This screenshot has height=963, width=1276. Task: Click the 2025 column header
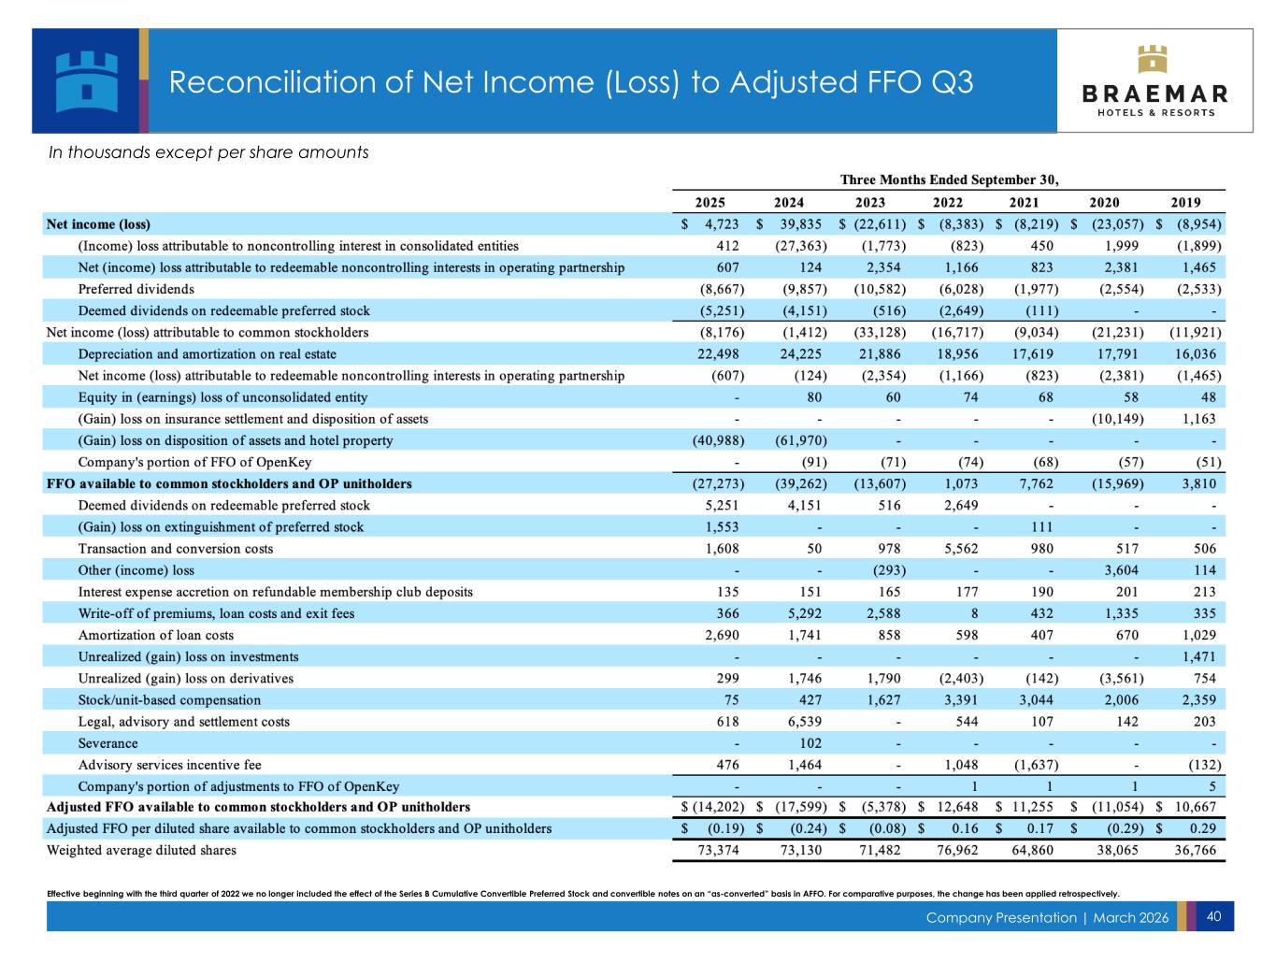(x=710, y=202)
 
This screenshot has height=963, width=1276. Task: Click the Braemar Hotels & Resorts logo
(x=1154, y=81)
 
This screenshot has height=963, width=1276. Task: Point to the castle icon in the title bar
(x=86, y=80)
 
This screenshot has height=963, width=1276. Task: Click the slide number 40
(x=1213, y=916)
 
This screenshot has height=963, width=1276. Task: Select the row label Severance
(x=108, y=743)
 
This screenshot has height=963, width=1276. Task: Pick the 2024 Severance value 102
(x=810, y=743)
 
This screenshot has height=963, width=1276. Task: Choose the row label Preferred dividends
(x=136, y=289)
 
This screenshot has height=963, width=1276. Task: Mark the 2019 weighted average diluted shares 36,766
(x=1194, y=850)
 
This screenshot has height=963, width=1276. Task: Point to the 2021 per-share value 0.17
(x=1039, y=828)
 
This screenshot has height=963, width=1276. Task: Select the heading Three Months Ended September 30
(x=949, y=180)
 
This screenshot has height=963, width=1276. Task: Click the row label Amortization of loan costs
(x=156, y=635)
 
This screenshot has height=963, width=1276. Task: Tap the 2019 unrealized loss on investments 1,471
(x=1200, y=656)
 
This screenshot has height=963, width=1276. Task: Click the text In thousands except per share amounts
(x=208, y=152)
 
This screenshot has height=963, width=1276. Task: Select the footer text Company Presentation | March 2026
(x=1047, y=917)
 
